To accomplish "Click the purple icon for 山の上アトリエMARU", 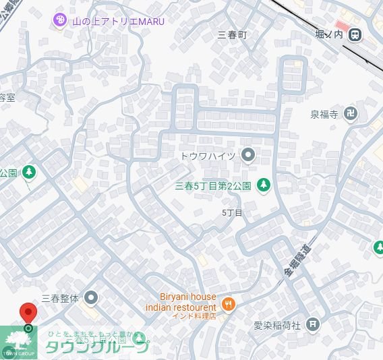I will point(59,21).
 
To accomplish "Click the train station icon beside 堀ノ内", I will point(355,34).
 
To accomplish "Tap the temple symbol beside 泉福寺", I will point(351,114).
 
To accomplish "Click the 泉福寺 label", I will point(324,114).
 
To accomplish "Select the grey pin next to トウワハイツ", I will point(247,156).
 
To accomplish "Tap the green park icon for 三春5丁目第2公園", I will point(264,184).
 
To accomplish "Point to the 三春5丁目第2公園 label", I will point(212,185).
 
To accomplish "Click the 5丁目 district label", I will point(232,212).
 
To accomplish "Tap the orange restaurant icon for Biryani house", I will point(229,304).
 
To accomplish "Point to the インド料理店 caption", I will point(193,316).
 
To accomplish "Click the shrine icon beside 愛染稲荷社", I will point(313,324).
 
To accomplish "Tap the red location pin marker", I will point(28,314).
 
